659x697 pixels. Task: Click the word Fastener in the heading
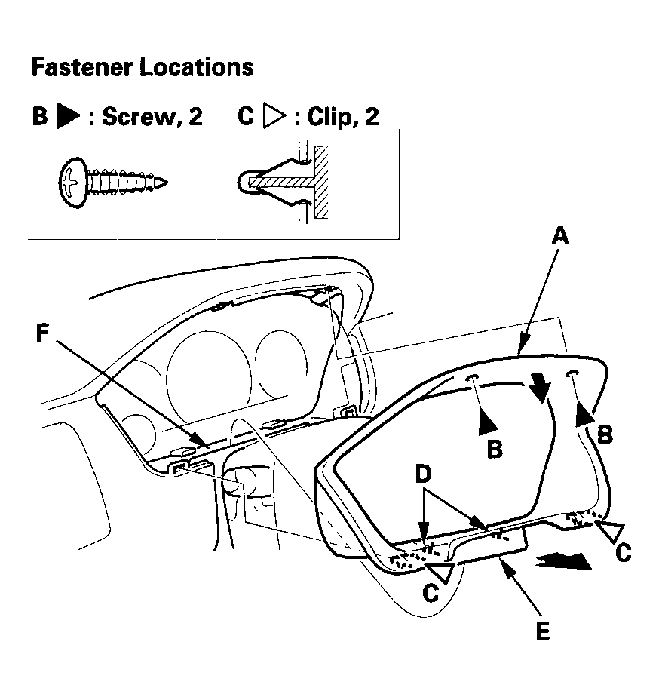[81, 68]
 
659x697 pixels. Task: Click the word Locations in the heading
[197, 68]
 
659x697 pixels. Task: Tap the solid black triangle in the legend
[69, 116]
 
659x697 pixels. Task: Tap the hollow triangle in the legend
[274, 116]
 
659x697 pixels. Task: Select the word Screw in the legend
[138, 117]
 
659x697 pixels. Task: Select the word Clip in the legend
[327, 117]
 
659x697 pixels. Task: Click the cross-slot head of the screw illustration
[72, 183]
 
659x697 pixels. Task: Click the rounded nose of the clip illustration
[244, 182]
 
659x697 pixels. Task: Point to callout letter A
[560, 235]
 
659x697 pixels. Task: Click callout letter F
[42, 333]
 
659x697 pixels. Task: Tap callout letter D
[424, 474]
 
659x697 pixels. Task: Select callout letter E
[542, 631]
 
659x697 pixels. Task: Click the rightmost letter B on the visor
[605, 434]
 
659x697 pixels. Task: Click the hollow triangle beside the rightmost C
[611, 531]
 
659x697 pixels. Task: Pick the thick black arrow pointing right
[564, 561]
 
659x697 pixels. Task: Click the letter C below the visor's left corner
[431, 594]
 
